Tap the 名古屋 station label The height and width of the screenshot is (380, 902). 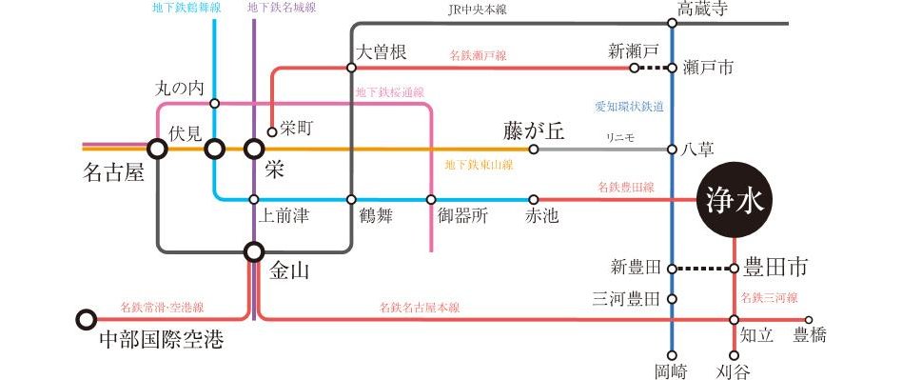pyautogui.click(x=114, y=175)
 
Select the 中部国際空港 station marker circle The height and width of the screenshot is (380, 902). pyautogui.click(x=87, y=319)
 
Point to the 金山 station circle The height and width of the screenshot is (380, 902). pyautogui.click(x=254, y=251)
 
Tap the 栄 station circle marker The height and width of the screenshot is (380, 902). pyautogui.click(x=254, y=149)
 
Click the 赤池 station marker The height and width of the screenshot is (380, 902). pyautogui.click(x=533, y=200)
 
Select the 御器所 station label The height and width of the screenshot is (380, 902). pyautogui.click(x=461, y=216)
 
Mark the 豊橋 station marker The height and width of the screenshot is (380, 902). pyautogui.click(x=809, y=320)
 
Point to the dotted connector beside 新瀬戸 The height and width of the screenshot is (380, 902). pyautogui.click(x=653, y=69)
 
